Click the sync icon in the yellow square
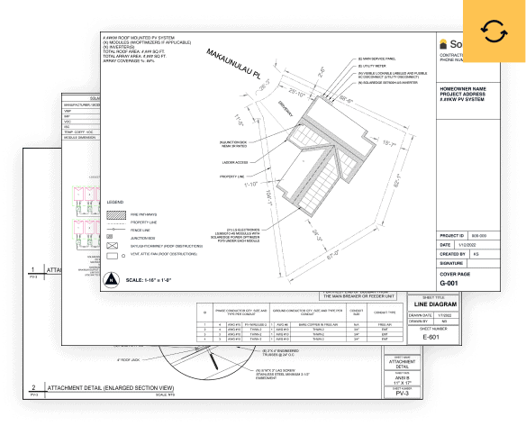(x=494, y=32)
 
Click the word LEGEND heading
(x=114, y=202)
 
